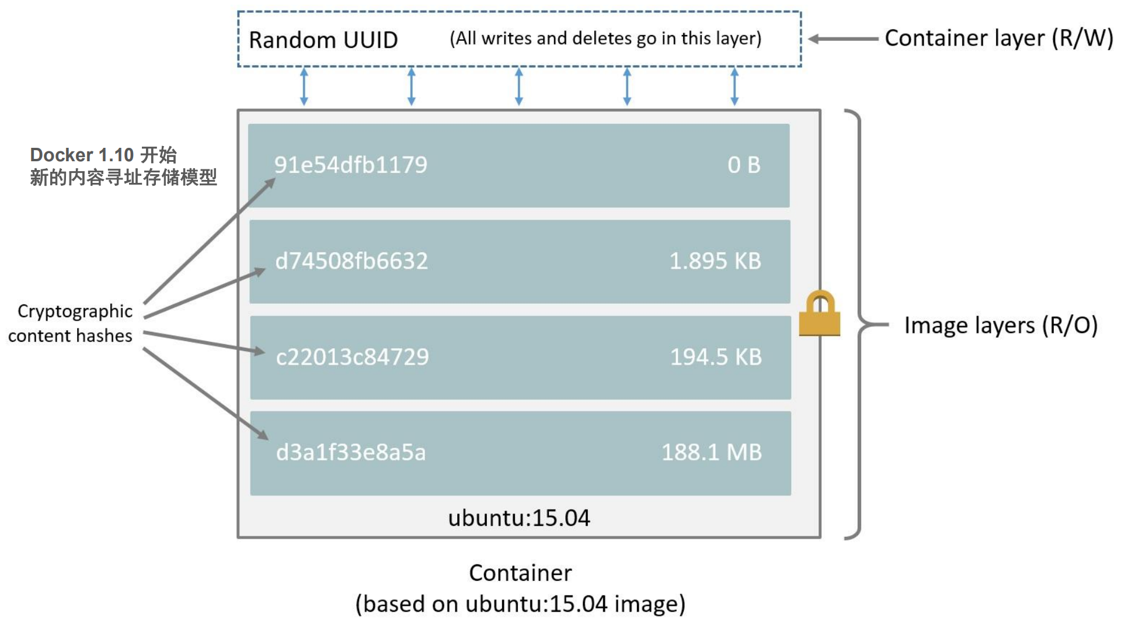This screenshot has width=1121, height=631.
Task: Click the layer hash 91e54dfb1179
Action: (350, 165)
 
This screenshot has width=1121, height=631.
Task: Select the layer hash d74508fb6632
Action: (351, 261)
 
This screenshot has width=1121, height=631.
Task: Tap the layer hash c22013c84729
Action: (352, 357)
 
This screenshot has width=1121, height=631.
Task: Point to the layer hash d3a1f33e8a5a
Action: (351, 452)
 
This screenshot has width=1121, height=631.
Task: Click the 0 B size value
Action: (744, 165)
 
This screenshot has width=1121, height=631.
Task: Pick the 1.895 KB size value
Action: (715, 261)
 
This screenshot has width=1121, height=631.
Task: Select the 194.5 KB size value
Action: (716, 357)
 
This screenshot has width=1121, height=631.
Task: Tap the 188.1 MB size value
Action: (712, 452)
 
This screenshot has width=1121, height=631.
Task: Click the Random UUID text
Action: (323, 40)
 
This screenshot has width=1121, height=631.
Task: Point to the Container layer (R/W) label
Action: (998, 38)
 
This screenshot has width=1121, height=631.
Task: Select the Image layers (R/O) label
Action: (1001, 325)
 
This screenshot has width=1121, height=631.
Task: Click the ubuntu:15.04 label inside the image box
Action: (519, 518)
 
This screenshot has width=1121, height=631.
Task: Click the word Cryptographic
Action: (75, 311)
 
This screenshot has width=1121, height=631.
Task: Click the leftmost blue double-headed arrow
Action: (304, 86)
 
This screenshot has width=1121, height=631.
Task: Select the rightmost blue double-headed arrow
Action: (734, 86)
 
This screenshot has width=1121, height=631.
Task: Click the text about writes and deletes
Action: (605, 39)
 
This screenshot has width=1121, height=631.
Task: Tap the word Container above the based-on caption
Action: (520, 573)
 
